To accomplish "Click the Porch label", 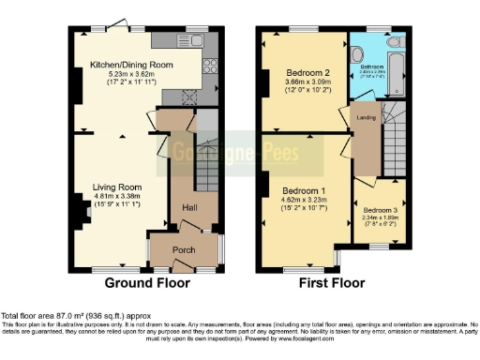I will pyautogui.click(x=185, y=249).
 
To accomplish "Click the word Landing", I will pyautogui.click(x=365, y=116).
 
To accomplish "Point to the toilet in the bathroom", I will pyautogui.click(x=394, y=43).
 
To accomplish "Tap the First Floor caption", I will pyautogui.click(x=332, y=282).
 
